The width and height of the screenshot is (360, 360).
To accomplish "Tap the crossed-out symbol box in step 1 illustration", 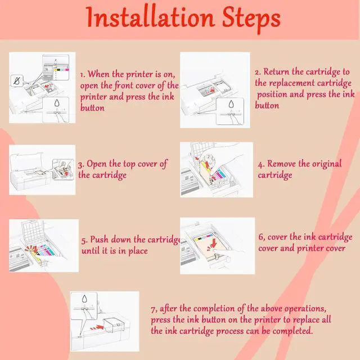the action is coord(17,80).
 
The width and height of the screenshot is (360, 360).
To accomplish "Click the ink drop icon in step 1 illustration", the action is coord(57,103).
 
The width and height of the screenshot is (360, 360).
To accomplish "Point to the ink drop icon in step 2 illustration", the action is coord(231,104).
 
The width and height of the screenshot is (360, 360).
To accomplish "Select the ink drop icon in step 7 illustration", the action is coord(85,299).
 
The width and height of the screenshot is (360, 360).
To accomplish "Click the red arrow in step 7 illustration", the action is coord(97,327).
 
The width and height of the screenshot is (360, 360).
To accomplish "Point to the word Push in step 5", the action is coord(99,240).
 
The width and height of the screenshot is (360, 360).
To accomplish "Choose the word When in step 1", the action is coord(98,74).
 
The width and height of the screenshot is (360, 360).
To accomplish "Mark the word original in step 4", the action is coord(327,164).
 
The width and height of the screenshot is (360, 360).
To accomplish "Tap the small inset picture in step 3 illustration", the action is coord(63,169).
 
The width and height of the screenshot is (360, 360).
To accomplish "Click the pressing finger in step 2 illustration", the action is coord(234,119).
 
